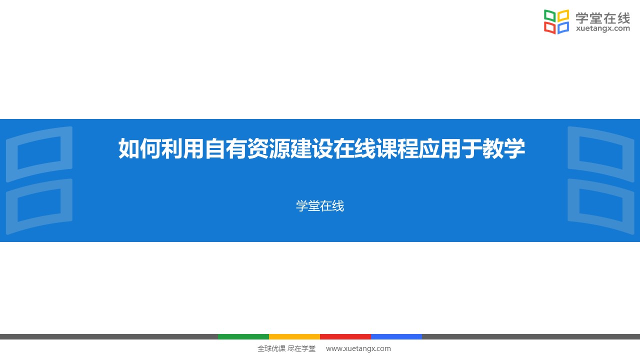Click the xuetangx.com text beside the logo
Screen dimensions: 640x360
point(603,28)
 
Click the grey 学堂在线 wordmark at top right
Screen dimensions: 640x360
point(602,18)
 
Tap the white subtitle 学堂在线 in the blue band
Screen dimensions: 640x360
point(320,206)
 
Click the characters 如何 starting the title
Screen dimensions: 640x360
point(139,148)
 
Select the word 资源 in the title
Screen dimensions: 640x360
point(268,148)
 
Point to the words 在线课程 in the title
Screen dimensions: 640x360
point(375,148)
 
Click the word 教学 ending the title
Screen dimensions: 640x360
point(503,148)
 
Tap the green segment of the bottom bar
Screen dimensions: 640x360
point(243,336)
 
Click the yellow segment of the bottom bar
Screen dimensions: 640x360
point(294,336)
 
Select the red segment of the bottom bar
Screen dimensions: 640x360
point(345,336)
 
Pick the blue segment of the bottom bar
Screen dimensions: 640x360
point(396,336)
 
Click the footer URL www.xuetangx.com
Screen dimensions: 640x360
point(358,348)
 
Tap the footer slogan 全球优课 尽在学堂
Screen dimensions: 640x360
point(286,348)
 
